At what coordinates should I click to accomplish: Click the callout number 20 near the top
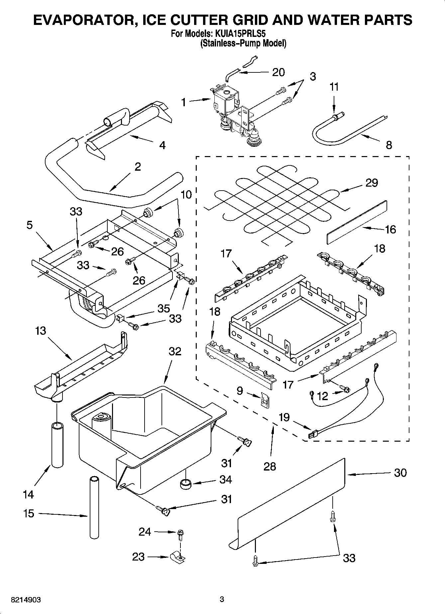pyautogui.click(x=278, y=72)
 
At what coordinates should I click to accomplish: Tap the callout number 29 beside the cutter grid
pyautogui.click(x=372, y=183)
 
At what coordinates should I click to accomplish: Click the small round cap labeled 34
pyautogui.click(x=186, y=484)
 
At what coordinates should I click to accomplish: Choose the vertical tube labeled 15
pyautogui.click(x=95, y=507)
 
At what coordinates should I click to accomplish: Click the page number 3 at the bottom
pyautogui.click(x=222, y=600)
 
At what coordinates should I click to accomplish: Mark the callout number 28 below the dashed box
pyautogui.click(x=270, y=466)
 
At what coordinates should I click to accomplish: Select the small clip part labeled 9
pyautogui.click(x=265, y=401)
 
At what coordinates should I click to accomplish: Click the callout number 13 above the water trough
pyautogui.click(x=41, y=331)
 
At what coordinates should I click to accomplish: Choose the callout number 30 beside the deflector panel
pyautogui.click(x=400, y=473)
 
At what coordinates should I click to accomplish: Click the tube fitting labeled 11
pyautogui.click(x=336, y=116)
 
